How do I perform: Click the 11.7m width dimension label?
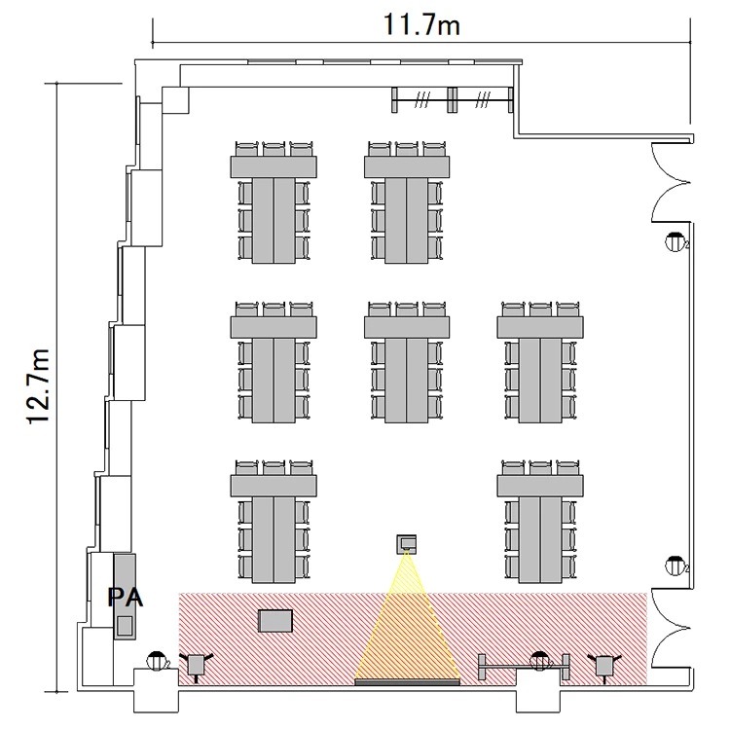click(x=421, y=24)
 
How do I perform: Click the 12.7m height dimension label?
click(x=38, y=386)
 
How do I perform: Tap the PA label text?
click(x=126, y=598)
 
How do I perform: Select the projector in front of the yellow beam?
click(x=407, y=544)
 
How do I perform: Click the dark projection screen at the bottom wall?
click(x=407, y=682)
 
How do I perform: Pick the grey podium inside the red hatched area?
click(x=275, y=621)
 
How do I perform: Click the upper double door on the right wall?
click(x=671, y=182)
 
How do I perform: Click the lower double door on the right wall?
click(x=671, y=628)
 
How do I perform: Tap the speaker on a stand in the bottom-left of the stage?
click(x=196, y=666)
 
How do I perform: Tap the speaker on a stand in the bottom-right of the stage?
click(x=604, y=666)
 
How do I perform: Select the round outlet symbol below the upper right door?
click(x=675, y=242)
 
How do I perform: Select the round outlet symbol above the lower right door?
click(x=675, y=566)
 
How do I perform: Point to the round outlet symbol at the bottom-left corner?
click(x=157, y=661)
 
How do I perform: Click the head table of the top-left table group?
click(x=274, y=166)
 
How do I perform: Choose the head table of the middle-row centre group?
click(x=407, y=327)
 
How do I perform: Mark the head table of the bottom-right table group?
click(x=540, y=486)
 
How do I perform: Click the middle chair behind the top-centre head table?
click(x=407, y=149)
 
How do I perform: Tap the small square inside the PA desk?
click(x=125, y=625)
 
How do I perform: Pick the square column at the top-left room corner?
click(x=175, y=100)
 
